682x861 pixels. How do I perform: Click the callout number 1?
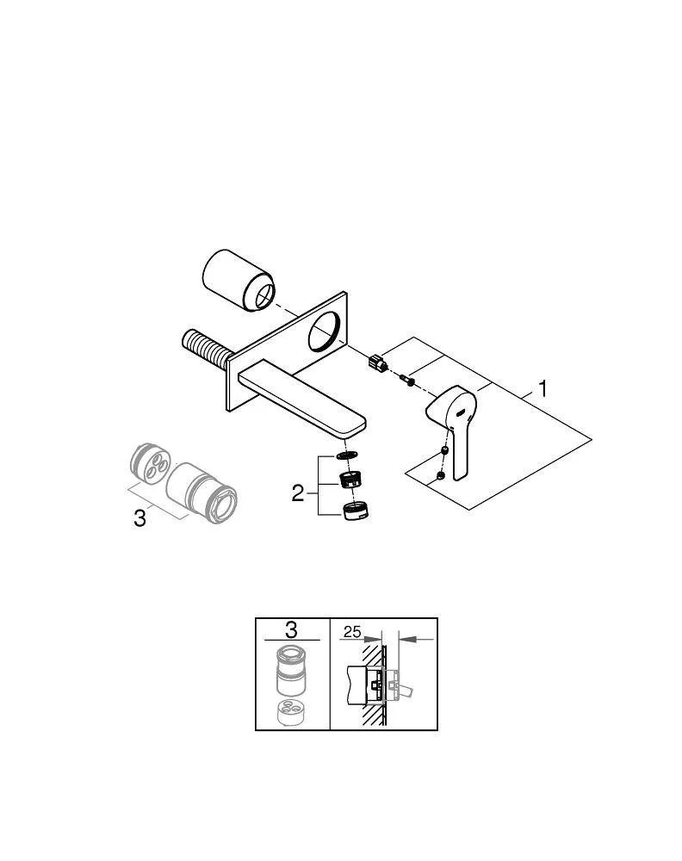tap(542, 389)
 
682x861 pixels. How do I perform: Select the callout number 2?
tap(298, 493)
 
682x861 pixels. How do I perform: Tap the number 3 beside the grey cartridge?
tap(140, 517)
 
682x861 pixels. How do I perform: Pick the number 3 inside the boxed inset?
tap(291, 629)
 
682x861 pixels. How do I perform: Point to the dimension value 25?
tap(352, 632)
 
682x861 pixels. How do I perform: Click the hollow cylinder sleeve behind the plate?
tap(239, 282)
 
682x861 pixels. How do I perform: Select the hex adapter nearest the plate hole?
tap(378, 362)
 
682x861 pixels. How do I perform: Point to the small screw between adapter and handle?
tap(408, 380)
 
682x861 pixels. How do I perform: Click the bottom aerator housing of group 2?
tap(356, 511)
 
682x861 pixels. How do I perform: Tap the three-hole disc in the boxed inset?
tap(291, 712)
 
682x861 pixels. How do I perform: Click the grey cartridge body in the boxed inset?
tap(291, 671)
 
